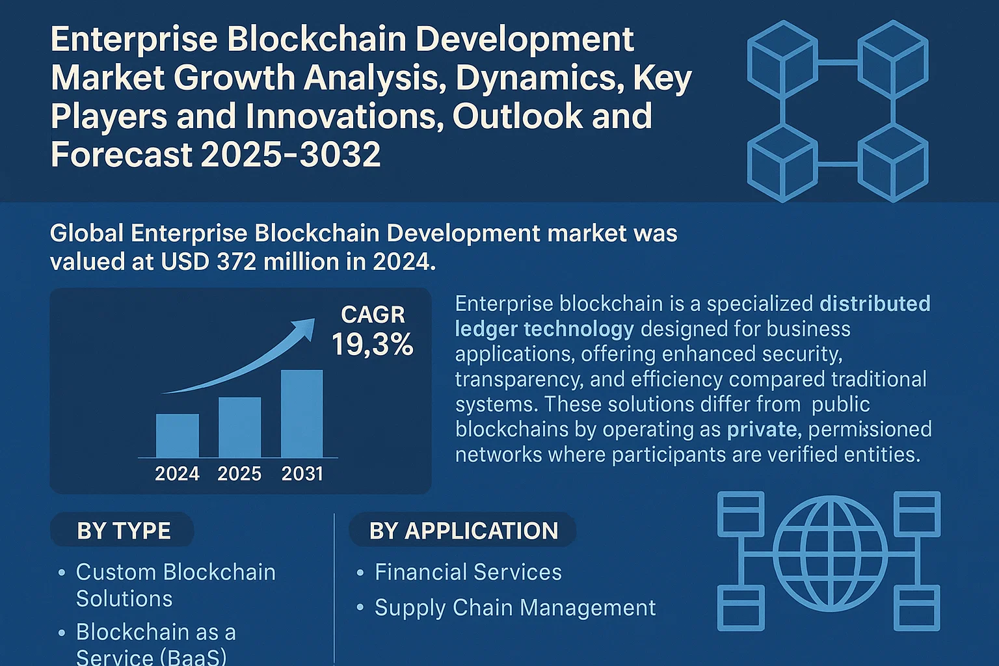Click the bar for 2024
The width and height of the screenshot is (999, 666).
pyautogui.click(x=178, y=435)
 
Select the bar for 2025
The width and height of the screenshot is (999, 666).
pyautogui.click(x=239, y=427)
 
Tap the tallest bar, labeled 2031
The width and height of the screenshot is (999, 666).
pyautogui.click(x=302, y=414)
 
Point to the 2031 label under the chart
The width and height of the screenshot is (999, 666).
pyautogui.click(x=302, y=473)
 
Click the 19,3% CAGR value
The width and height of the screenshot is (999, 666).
pyautogui.click(x=373, y=344)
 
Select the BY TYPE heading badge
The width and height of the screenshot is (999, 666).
pyautogui.click(x=122, y=530)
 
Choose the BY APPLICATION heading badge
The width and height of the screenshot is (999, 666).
pyautogui.click(x=462, y=530)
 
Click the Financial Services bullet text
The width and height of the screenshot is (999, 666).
pyautogui.click(x=468, y=572)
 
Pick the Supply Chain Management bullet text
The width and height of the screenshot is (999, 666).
pyautogui.click(x=515, y=607)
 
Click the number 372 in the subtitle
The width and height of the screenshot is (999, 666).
pyautogui.click(x=237, y=261)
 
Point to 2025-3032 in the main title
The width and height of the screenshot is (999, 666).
pyautogui.click(x=291, y=154)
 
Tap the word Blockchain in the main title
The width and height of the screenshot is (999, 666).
pyautogui.click(x=316, y=39)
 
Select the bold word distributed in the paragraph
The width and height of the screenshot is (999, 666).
pyautogui.click(x=875, y=304)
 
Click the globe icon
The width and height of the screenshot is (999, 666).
pyautogui.click(x=830, y=553)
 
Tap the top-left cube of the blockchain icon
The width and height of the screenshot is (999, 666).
pyautogui.click(x=782, y=59)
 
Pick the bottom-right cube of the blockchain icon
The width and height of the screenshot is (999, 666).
pyautogui.click(x=893, y=163)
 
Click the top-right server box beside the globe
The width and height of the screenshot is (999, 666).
pyautogui.click(x=918, y=513)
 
